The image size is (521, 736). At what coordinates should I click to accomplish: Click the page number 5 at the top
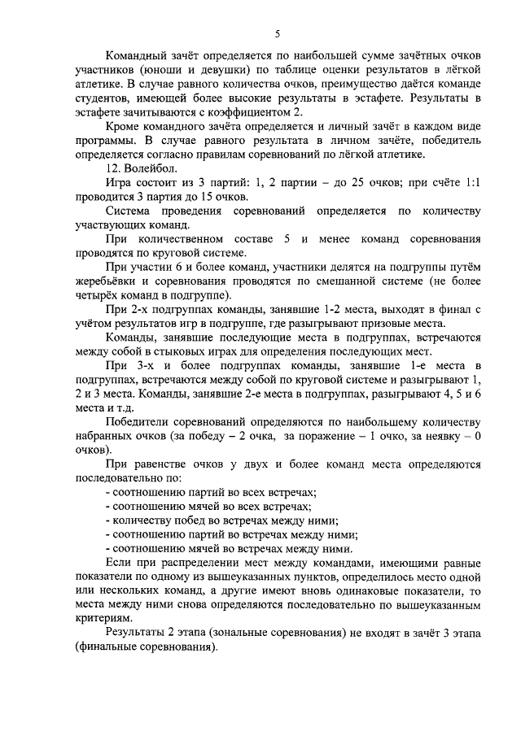(277, 33)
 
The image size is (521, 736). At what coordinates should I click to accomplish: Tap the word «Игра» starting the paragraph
(120, 184)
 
